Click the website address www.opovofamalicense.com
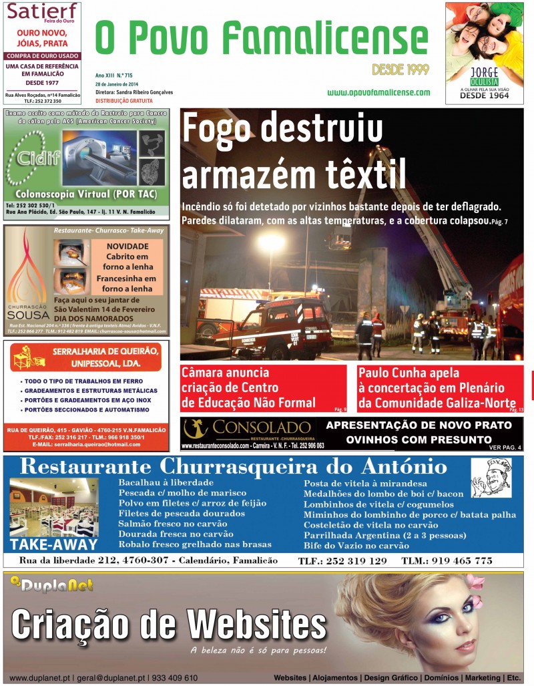378,92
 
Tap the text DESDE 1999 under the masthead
400,69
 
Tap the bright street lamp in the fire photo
272,242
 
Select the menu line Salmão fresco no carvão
172,524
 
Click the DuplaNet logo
51,586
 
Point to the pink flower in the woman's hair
475,582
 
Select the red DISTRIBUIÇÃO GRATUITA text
124,101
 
